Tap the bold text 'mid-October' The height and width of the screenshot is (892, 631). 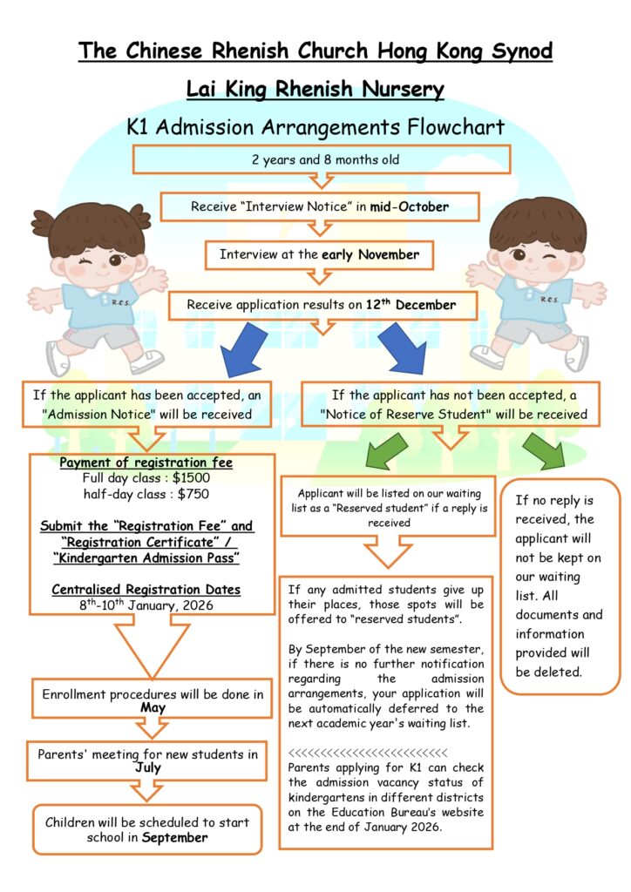pyautogui.click(x=409, y=207)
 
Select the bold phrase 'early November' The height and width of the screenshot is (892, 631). pyautogui.click(x=370, y=255)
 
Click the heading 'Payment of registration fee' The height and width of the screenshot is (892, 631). pyautogui.click(x=146, y=463)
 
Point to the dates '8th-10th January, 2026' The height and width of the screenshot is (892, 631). pyautogui.click(x=146, y=605)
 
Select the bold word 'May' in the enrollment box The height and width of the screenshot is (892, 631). pyautogui.click(x=153, y=708)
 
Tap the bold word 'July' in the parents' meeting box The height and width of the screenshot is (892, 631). pyautogui.click(x=148, y=768)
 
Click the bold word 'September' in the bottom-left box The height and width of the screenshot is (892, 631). pyautogui.click(x=174, y=838)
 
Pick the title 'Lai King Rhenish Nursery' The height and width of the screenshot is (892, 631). pyautogui.click(x=315, y=89)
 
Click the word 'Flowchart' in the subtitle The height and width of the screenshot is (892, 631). pyautogui.click(x=456, y=127)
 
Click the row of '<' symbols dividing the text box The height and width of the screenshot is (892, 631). pyautogui.click(x=367, y=753)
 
